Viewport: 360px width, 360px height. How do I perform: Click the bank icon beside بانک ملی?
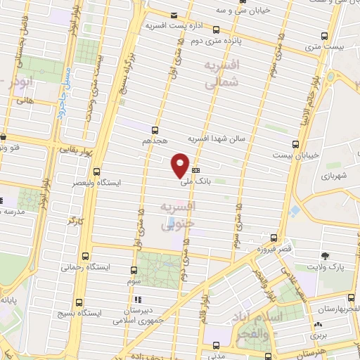(195, 170)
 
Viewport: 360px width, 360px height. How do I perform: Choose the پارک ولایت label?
(324, 268)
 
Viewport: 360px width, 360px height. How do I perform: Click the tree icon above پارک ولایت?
(324, 257)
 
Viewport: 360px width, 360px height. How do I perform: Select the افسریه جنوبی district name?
(176, 217)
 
